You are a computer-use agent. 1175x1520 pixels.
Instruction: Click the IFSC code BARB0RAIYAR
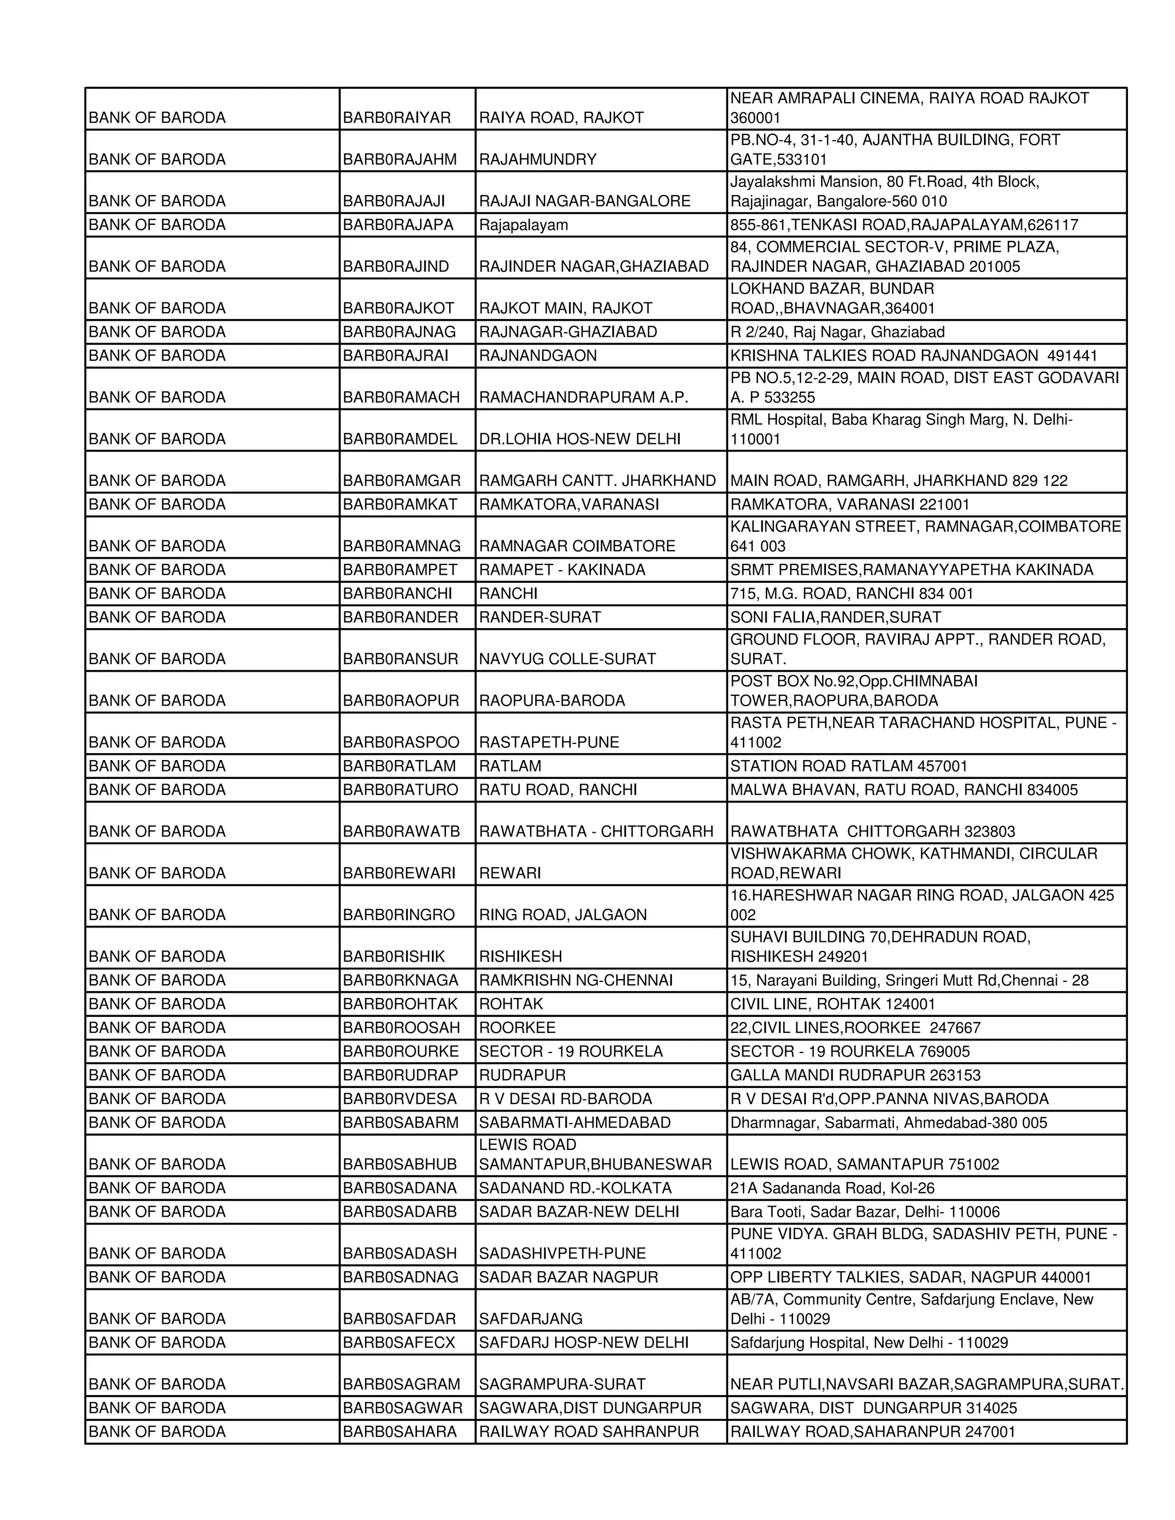397,118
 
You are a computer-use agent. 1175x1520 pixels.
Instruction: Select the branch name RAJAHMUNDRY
538,159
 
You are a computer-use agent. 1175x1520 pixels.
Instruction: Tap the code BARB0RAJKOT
398,309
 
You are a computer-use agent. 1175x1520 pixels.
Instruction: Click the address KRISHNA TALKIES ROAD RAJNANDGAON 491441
913,356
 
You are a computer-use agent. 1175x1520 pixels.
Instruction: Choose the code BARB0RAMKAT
399,505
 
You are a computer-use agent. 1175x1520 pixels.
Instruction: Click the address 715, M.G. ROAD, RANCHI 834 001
851,594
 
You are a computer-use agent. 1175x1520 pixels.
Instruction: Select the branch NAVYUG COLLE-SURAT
567,659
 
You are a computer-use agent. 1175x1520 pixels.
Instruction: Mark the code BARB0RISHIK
393,957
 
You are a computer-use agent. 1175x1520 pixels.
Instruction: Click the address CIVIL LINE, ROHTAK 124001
832,1004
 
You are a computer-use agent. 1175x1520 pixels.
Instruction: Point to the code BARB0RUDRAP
400,1075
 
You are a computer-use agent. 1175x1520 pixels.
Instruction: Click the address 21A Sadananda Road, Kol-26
832,1188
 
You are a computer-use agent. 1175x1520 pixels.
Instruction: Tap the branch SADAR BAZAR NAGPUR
568,1277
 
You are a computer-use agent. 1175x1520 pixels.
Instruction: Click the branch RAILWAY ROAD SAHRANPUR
588,1432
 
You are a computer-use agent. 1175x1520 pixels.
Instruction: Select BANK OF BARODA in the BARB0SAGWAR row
157,1408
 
